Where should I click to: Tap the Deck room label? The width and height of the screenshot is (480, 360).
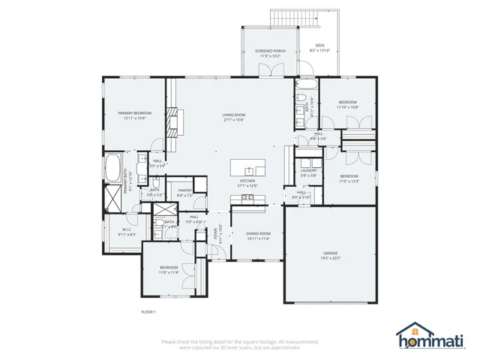point(319,46)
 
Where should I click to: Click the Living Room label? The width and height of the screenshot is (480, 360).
point(233,115)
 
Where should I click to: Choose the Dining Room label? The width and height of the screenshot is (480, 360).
point(258,234)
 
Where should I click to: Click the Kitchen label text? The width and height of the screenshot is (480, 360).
point(248,181)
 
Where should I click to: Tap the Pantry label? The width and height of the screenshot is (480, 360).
point(184,190)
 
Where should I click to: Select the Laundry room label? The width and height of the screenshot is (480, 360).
point(309,170)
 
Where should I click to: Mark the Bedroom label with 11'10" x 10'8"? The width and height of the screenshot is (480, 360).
point(346,102)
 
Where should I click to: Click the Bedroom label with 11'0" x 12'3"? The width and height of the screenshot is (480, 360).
point(349,176)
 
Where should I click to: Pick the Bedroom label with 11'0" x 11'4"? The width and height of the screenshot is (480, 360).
point(169,268)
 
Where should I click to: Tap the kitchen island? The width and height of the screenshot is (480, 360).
point(248,166)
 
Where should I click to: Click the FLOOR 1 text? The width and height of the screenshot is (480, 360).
point(148,311)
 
